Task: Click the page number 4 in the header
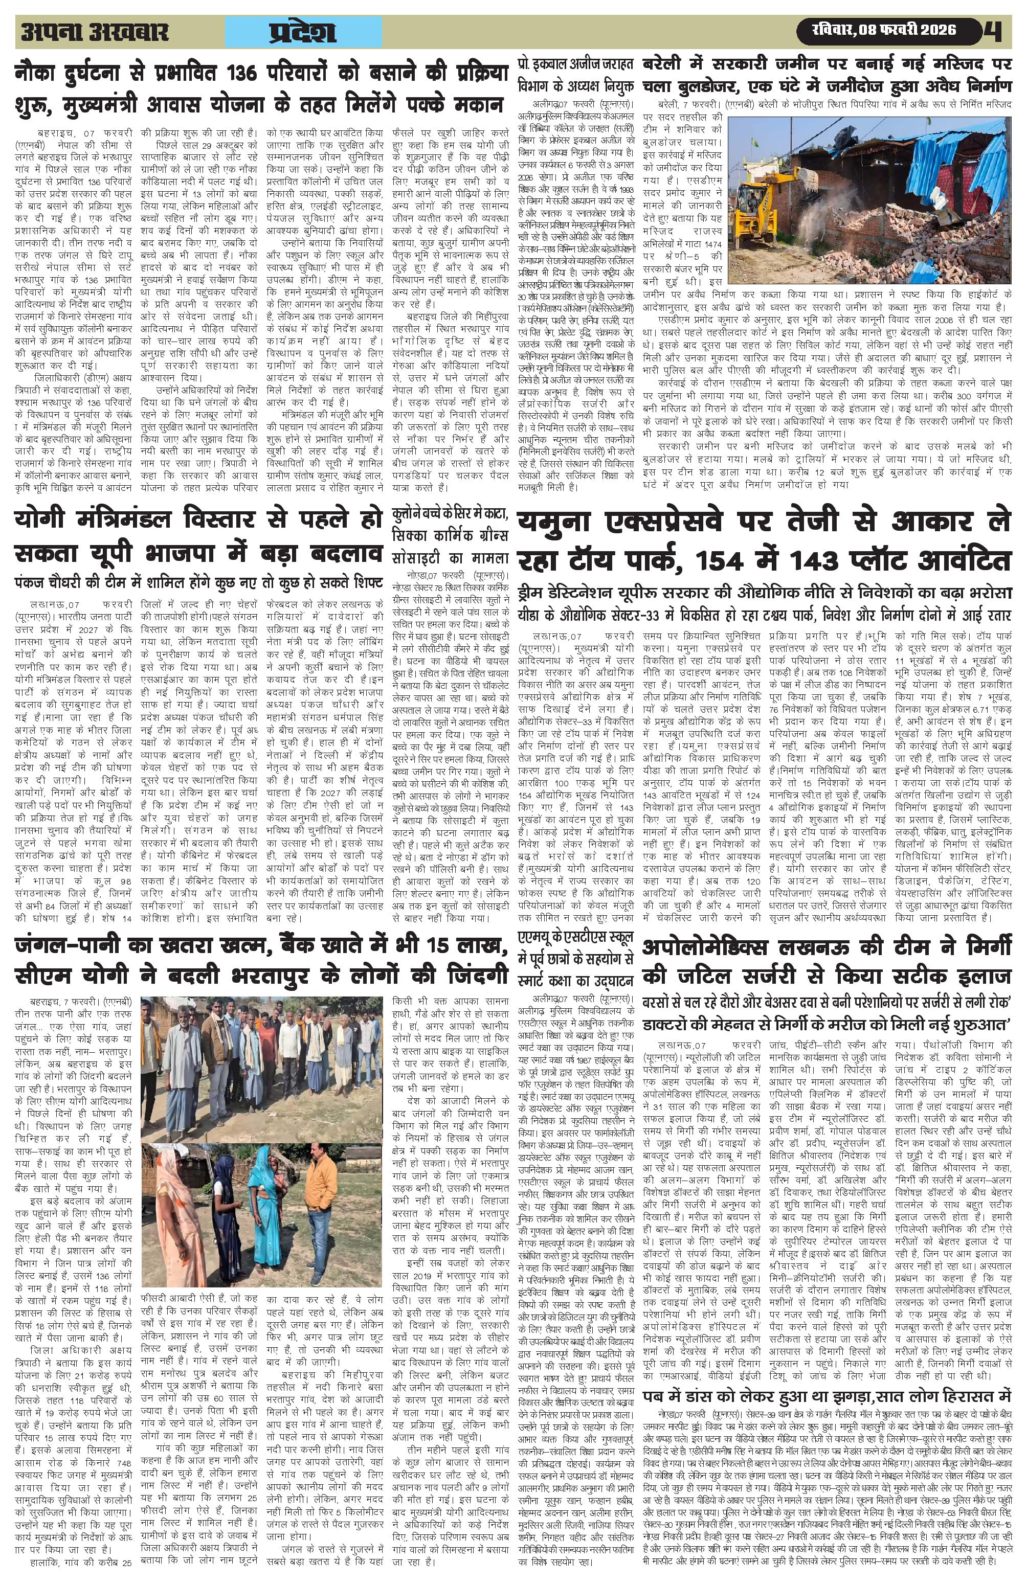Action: point(996,31)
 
